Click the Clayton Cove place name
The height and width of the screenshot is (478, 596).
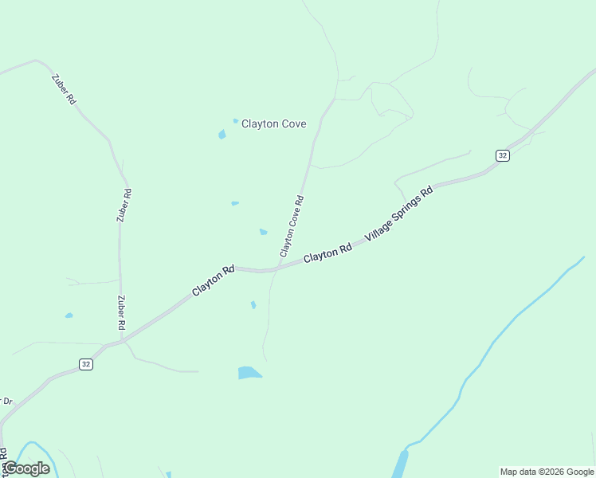[x=273, y=124]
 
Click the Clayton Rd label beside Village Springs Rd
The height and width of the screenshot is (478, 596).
[x=327, y=253]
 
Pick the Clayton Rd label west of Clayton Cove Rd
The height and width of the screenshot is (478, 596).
[x=214, y=280]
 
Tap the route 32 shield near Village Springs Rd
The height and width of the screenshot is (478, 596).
[x=501, y=155]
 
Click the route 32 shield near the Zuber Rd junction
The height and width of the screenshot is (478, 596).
[x=86, y=364]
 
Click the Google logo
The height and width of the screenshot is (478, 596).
[x=26, y=468]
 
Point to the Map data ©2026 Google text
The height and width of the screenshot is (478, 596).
[x=546, y=472]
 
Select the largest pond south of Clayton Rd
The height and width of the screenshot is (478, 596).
[x=249, y=372]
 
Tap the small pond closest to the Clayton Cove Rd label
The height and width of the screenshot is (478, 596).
[x=263, y=232]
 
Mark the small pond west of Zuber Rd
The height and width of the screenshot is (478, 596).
[x=69, y=315]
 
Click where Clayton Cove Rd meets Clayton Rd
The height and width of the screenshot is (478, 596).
[x=276, y=269]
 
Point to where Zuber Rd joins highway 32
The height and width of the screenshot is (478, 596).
[x=121, y=341]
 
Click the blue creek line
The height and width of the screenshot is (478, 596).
[x=494, y=343]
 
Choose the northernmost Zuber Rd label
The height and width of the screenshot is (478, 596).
[x=63, y=89]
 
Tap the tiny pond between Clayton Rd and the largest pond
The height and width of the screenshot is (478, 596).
[x=253, y=304]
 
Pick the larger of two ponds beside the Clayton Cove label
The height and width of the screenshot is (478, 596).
[x=222, y=135]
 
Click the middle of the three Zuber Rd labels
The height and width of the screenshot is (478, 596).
[x=124, y=205]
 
